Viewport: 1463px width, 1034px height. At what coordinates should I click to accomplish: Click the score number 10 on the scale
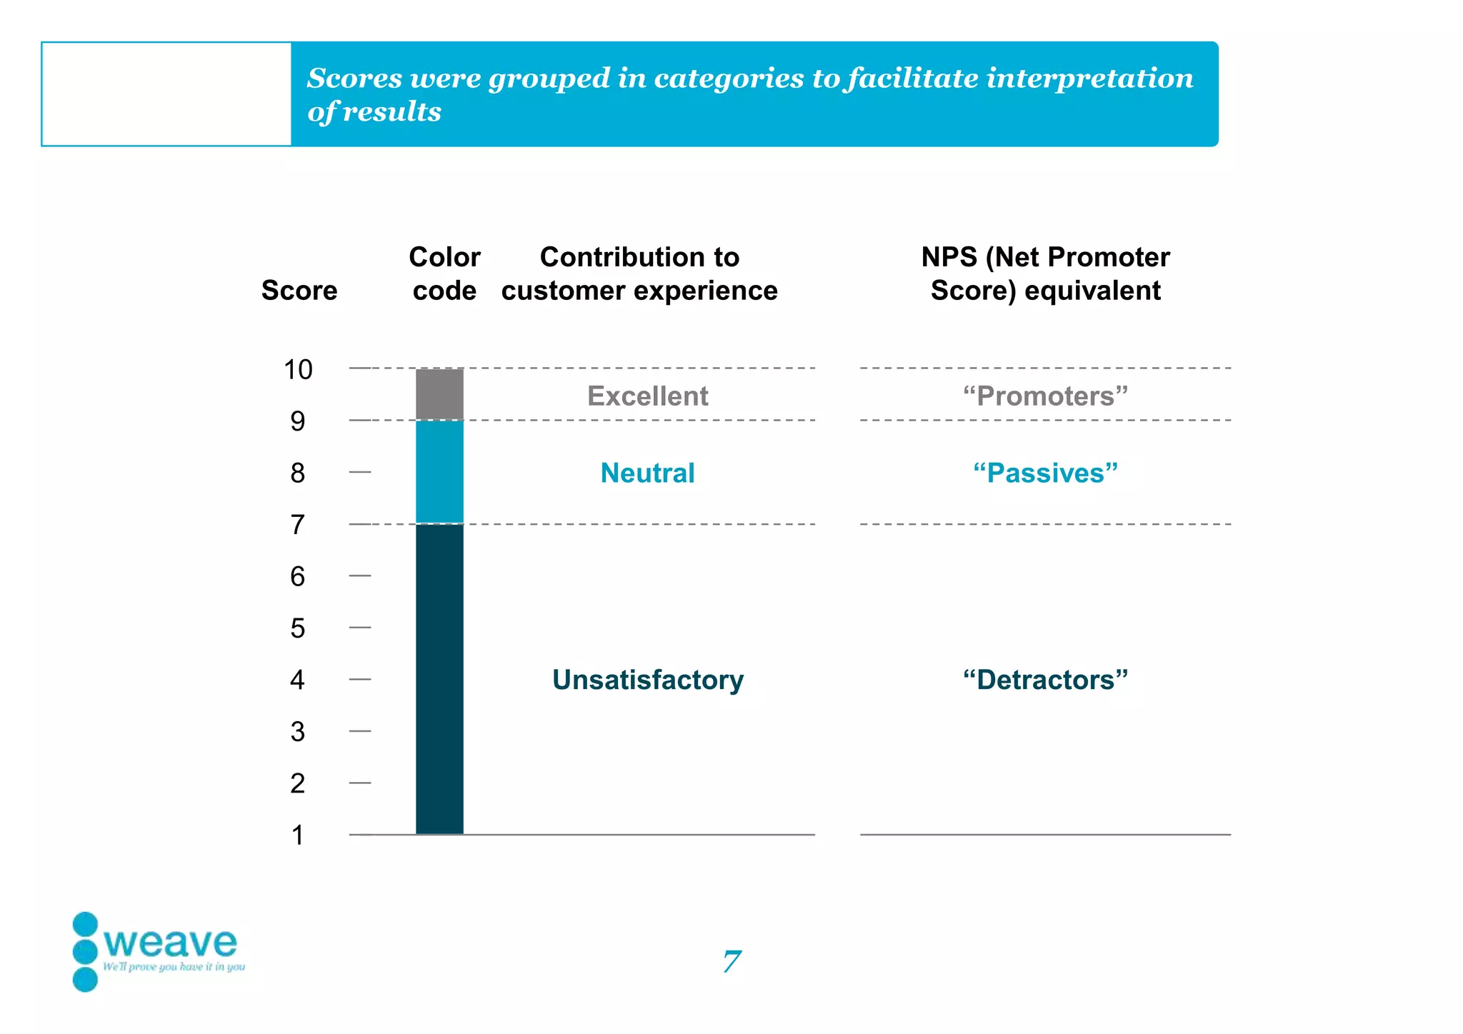pos(298,370)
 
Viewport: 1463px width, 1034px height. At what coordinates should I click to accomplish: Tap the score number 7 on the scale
pos(298,525)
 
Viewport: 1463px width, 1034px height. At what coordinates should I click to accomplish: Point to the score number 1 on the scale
pos(298,835)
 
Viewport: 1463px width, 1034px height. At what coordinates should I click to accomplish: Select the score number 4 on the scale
pos(298,680)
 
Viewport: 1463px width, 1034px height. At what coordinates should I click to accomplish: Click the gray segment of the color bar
pos(439,394)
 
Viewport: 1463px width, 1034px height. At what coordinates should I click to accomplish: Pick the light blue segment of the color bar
pos(439,472)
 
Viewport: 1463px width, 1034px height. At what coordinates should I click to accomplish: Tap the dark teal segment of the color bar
pos(439,678)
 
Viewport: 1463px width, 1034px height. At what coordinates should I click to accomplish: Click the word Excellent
pos(647,396)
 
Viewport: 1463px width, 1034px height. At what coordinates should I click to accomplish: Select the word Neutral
pos(647,473)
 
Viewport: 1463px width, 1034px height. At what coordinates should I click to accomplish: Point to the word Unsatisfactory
pos(647,680)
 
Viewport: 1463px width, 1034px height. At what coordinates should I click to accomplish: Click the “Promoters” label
pos(1045,396)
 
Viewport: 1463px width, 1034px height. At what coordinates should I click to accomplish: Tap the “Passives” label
pos(1045,473)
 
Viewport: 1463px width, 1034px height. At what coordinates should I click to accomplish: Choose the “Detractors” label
pos(1045,680)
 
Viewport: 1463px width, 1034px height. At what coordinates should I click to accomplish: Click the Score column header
pos(299,291)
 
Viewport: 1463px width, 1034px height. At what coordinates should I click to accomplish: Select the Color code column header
pos(444,274)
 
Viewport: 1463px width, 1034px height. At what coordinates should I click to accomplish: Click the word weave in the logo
pos(170,943)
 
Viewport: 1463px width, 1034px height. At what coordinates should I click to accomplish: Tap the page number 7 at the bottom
pos(731,962)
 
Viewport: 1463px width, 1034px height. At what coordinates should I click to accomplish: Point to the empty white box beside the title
pos(166,94)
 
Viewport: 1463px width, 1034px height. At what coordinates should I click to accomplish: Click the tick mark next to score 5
pos(360,628)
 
